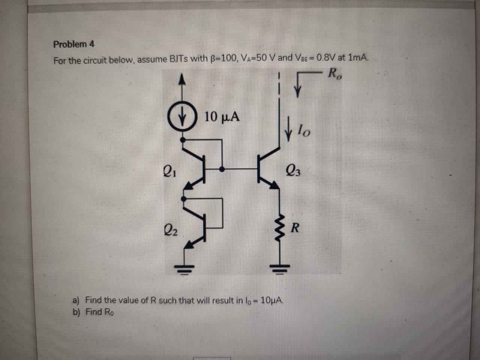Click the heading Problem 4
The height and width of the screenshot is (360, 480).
(74, 44)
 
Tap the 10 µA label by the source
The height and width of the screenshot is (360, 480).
(222, 117)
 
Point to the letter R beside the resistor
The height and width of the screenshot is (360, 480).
(295, 228)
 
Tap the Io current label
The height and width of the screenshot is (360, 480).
(303, 131)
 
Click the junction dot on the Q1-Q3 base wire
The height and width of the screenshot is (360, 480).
(222, 169)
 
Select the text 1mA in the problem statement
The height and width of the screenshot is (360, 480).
(358, 58)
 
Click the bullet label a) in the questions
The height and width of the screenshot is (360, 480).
(76, 300)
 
